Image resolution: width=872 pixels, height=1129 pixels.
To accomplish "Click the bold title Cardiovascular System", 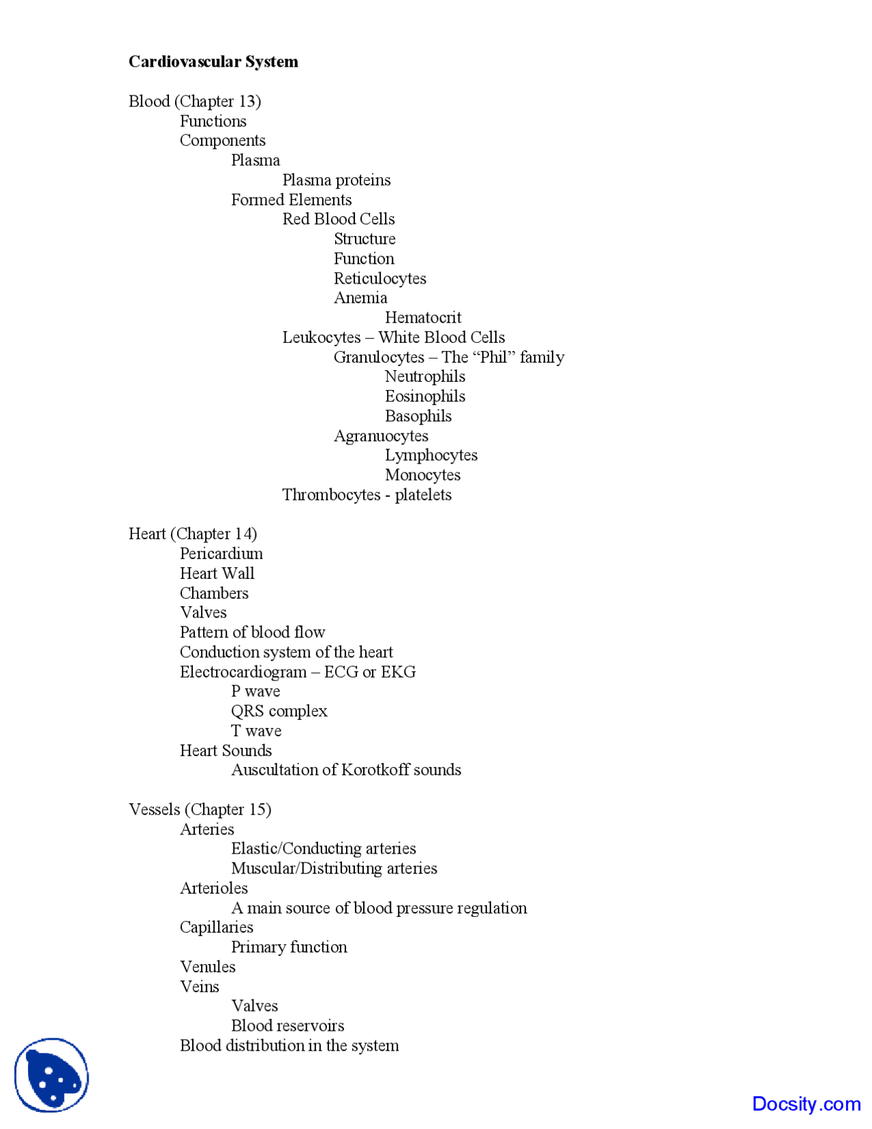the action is coord(213,62).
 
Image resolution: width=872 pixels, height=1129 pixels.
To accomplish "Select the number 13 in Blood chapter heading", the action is coord(247,102).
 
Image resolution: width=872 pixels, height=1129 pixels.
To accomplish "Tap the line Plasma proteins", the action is coord(337,180).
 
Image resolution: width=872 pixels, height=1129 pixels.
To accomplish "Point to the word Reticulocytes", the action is coord(379,279).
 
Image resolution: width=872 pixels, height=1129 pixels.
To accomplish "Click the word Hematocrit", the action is coord(423,318).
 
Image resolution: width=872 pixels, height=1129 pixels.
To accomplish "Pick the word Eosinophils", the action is coord(425,397).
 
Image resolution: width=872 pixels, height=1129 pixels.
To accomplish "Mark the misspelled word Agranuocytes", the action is coord(381,436).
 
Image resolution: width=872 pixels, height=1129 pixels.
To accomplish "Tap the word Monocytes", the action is coord(422,475).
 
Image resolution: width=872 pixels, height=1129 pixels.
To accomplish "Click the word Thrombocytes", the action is coord(331,495).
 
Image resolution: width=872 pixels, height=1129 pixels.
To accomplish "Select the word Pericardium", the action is coord(221,554).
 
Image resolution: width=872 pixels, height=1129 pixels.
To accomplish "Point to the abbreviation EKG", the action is coord(399,672).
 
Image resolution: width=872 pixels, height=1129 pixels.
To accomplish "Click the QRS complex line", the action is coord(279,711).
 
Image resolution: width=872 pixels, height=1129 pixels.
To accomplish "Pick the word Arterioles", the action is coord(214,888).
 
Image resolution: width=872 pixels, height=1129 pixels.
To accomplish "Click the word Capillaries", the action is coord(217,927).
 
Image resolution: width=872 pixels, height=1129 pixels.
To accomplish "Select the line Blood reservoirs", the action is coord(287,1026).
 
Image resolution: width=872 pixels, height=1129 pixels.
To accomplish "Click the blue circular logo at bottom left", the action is coord(52,1075).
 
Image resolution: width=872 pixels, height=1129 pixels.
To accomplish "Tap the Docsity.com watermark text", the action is coord(806,1104).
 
